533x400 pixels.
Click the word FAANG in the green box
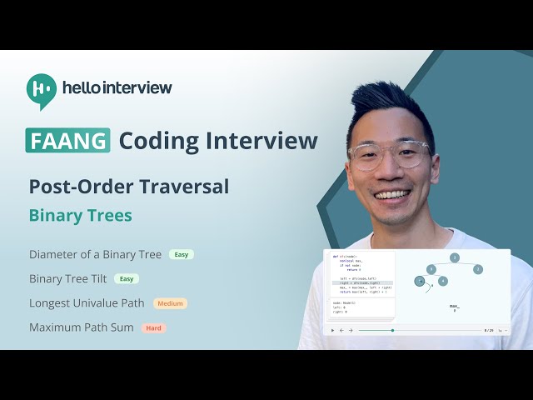tap(67, 140)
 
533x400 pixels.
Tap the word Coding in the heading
tap(161, 140)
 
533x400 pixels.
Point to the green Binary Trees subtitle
tap(80, 215)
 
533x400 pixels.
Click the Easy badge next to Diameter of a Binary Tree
tap(182, 254)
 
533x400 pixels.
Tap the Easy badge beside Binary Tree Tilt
tap(127, 278)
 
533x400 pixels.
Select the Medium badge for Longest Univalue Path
tap(170, 303)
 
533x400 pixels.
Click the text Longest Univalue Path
tap(87, 303)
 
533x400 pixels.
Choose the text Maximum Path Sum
tap(81, 327)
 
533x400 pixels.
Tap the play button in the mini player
tap(333, 330)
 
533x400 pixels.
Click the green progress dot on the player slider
tap(392, 330)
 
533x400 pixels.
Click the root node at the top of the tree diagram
tap(455, 257)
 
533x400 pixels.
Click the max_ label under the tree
tap(455, 307)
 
